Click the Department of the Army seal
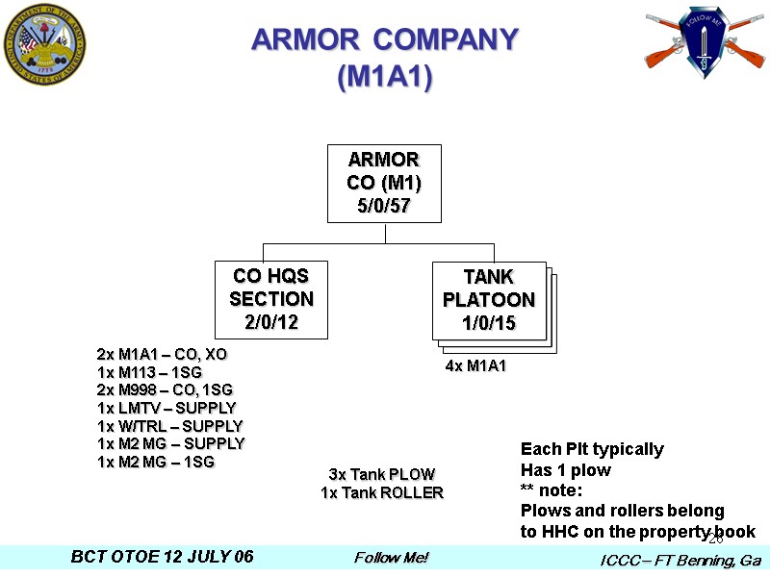click(44, 45)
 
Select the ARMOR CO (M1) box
click(384, 184)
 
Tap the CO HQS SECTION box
click(270, 299)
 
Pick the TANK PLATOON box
click(489, 299)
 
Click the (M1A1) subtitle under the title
click(385, 77)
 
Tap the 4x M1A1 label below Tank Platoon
click(475, 366)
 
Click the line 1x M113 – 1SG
click(150, 372)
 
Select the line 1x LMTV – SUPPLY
click(167, 408)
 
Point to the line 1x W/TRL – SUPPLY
click(170, 426)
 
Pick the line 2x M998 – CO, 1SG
click(165, 389)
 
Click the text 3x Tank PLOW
click(382, 474)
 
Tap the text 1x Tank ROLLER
click(382, 492)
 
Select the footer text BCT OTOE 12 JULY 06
click(163, 558)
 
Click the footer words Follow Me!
click(391, 558)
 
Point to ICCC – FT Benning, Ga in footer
click(680, 560)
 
